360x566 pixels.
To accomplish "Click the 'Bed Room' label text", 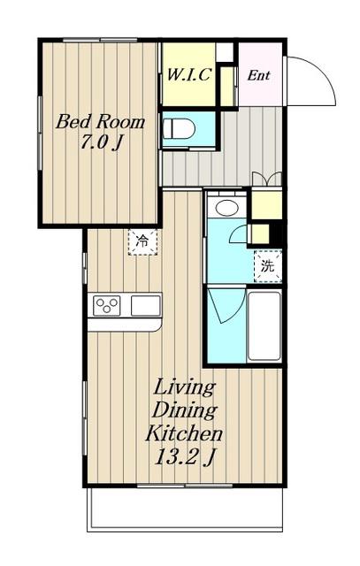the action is click(100, 122).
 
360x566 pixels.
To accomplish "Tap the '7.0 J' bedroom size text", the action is click(100, 142).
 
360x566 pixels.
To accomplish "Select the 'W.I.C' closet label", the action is click(188, 74).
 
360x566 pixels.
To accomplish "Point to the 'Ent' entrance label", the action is click(258, 75).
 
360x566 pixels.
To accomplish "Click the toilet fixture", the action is click(179, 129).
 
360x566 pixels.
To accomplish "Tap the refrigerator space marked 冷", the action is click(142, 241).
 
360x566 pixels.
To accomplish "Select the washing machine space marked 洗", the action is click(267, 266).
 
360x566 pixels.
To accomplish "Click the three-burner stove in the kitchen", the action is click(106, 305).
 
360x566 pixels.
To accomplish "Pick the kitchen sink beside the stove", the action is click(146, 306).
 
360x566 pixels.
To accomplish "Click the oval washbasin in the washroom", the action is click(226, 208).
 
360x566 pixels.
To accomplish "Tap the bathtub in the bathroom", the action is click(264, 325).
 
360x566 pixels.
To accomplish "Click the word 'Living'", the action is click(184, 388).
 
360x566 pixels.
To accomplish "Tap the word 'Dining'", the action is click(185, 411).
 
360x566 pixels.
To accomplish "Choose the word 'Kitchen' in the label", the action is click(184, 433).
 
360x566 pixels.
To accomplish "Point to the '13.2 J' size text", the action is click(185, 457).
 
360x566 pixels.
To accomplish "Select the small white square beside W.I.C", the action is click(226, 53).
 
